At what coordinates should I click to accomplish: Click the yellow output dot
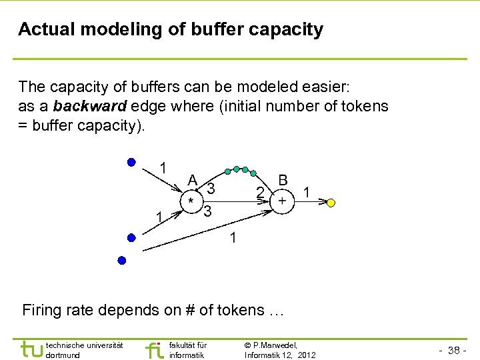click(331, 202)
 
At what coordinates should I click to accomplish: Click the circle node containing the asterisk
click(191, 201)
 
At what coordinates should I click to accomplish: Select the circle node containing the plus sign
click(282, 201)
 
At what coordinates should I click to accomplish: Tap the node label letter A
click(192, 180)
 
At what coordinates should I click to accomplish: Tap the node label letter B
click(283, 180)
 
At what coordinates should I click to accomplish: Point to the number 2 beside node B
click(261, 193)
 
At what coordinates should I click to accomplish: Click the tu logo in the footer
click(31, 349)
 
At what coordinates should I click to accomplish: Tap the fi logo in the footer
click(153, 349)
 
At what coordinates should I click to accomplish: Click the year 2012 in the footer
click(305, 355)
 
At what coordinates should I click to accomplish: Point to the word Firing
click(41, 311)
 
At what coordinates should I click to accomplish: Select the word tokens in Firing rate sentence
click(245, 311)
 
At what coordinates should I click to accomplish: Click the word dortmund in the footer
click(63, 355)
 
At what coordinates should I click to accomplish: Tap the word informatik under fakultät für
click(187, 355)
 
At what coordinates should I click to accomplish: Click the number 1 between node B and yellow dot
click(306, 192)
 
